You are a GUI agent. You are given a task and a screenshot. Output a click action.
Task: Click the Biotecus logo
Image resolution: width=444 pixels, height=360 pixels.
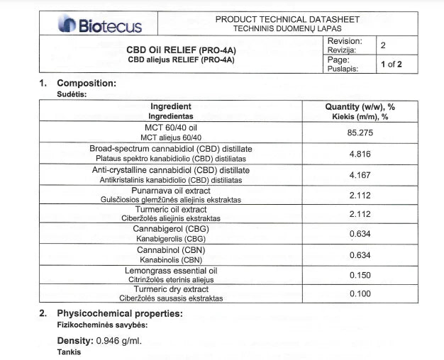(x=100, y=26)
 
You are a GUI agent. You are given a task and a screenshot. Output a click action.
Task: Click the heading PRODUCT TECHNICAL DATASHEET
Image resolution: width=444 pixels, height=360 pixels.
(x=287, y=19)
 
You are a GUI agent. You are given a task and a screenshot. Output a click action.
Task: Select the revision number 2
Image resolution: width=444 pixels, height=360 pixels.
(x=384, y=46)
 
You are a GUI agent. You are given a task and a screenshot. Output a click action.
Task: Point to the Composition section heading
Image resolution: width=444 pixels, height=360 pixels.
(x=86, y=83)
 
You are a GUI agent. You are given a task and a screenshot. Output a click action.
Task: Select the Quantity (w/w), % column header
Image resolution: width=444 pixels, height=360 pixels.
(x=360, y=106)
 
